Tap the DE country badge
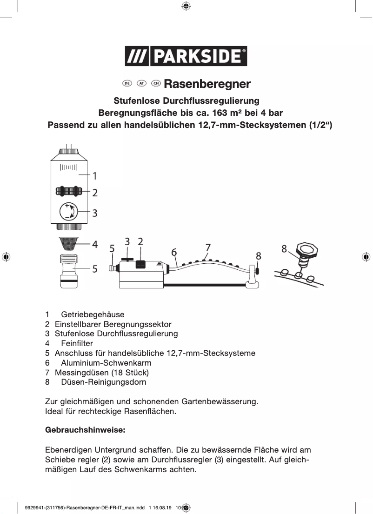pyautogui.click(x=127, y=83)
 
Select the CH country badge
pyautogui.click(x=156, y=83)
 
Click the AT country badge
pyautogui.click(x=141, y=83)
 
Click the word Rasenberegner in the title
pyautogui.click(x=207, y=84)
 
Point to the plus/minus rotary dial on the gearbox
pyautogui.click(x=68, y=212)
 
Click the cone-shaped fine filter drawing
pyautogui.click(x=68, y=244)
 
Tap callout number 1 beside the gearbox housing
pyautogui.click(x=94, y=176)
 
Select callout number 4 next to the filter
pyautogui.click(x=94, y=244)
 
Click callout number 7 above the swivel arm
pyautogui.click(x=208, y=247)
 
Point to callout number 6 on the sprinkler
pyautogui.click(x=174, y=252)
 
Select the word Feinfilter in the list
pyautogui.click(x=77, y=343)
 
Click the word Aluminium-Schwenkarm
pyautogui.click(x=106, y=363)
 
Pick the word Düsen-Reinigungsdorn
pyautogui.click(x=104, y=382)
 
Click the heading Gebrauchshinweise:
pyautogui.click(x=85, y=430)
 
